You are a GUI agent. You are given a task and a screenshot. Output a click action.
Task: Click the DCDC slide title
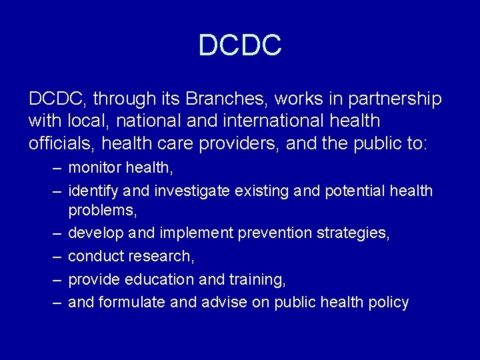[240, 45]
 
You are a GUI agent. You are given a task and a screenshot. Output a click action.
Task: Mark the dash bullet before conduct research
[57, 257]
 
